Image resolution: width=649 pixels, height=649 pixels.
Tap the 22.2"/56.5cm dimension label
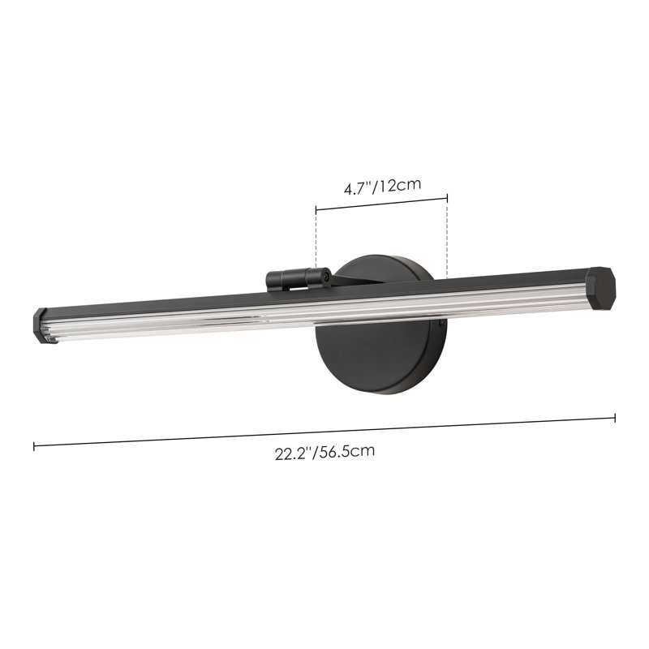[x=324, y=453]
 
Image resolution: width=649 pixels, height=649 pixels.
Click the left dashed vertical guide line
[x=316, y=243]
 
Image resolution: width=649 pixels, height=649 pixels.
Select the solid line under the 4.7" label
[x=381, y=204]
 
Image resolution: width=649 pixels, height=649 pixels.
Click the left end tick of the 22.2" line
[x=34, y=446]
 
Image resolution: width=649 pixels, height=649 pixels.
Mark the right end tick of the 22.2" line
[x=615, y=418]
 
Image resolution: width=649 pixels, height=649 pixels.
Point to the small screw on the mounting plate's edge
[x=442, y=323]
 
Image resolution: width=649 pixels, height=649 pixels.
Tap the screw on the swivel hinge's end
[x=324, y=277]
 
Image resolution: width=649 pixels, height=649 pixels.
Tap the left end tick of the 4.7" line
[x=316, y=209]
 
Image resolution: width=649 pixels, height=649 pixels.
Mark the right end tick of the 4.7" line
[x=447, y=197]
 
